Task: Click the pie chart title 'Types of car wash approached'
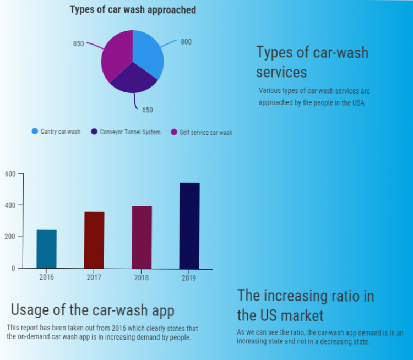click(x=133, y=10)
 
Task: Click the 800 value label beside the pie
click(x=186, y=42)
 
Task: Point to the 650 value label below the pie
click(x=148, y=110)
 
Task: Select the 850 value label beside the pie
click(x=78, y=44)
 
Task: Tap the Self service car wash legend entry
click(x=202, y=133)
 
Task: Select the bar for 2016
click(x=47, y=249)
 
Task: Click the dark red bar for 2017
click(x=94, y=240)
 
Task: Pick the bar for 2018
click(x=142, y=237)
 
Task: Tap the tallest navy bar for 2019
click(x=189, y=226)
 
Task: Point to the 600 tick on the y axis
click(x=10, y=174)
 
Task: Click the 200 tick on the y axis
click(x=10, y=237)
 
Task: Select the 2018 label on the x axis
click(x=142, y=277)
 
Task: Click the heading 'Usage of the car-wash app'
click(x=93, y=309)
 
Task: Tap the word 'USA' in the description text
click(x=358, y=103)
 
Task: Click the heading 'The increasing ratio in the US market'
click(x=306, y=306)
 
